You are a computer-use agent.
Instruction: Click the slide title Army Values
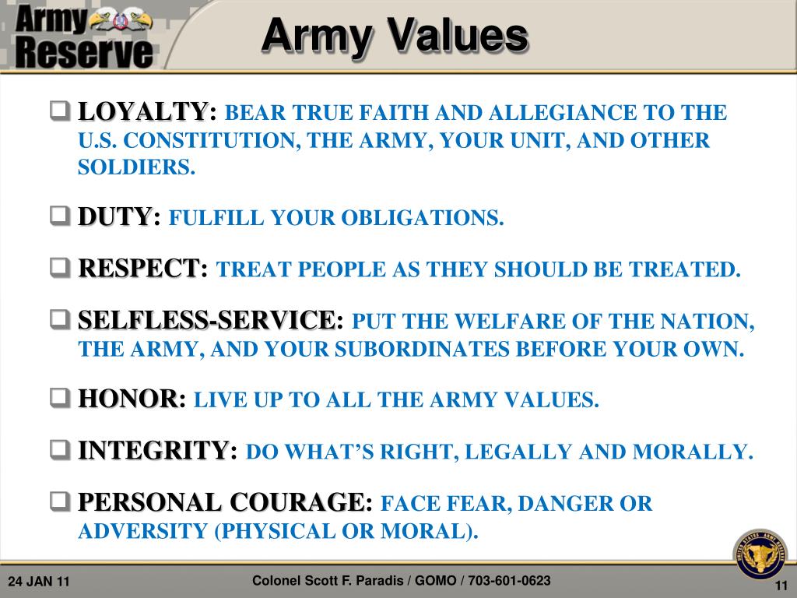[x=395, y=36]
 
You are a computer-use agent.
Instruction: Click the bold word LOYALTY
[x=143, y=112]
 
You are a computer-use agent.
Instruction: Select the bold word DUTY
[x=114, y=216]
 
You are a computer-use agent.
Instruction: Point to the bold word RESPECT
[x=139, y=269]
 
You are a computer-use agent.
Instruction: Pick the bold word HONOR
[x=128, y=399]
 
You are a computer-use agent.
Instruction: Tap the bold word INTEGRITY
[x=153, y=451]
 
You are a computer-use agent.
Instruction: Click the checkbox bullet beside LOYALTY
[x=61, y=112]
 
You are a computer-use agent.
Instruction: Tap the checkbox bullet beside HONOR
[x=61, y=399]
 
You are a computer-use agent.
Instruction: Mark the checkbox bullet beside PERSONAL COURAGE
[x=61, y=503]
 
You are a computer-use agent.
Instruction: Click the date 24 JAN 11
[x=39, y=582]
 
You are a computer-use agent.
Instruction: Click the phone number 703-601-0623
[x=511, y=581]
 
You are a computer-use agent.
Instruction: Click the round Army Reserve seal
[x=760, y=555]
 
